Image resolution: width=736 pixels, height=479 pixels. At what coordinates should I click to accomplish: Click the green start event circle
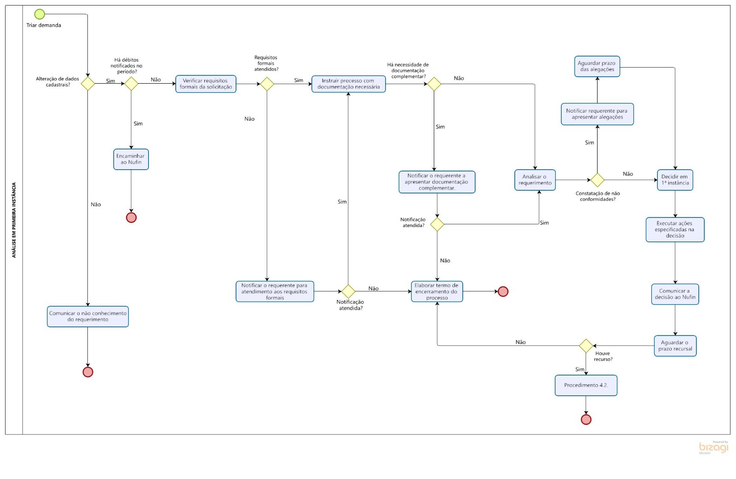tap(40, 14)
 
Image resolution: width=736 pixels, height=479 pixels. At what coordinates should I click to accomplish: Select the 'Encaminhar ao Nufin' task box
tap(131, 159)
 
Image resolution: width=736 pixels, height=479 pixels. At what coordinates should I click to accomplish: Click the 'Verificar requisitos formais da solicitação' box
tap(206, 84)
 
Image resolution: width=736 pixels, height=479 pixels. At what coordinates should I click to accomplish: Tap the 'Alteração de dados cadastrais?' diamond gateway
tap(87, 84)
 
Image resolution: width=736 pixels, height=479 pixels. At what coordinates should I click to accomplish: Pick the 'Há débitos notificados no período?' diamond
tap(131, 84)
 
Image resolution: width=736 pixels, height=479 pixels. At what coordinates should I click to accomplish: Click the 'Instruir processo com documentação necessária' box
tap(348, 84)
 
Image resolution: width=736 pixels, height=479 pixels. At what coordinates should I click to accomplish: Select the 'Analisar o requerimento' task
tap(535, 180)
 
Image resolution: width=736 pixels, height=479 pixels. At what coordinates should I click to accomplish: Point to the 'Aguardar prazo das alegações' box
tap(597, 66)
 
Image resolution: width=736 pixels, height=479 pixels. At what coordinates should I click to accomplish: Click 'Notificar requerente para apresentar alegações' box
tap(597, 114)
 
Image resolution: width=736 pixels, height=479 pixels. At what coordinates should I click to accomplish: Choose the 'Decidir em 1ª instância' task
tap(675, 180)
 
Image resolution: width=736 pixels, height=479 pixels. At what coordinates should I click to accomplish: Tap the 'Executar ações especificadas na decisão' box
tap(675, 229)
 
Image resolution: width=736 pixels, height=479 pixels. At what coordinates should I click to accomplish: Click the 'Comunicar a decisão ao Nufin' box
tap(675, 294)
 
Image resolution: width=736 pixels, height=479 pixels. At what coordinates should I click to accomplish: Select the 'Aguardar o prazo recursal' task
tap(675, 346)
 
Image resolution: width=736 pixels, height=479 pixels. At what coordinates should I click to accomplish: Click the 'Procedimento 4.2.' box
tap(586, 385)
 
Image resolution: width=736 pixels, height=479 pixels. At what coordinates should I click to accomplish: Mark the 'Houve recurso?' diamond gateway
tap(586, 346)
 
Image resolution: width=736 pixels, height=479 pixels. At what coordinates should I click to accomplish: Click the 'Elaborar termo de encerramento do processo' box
tap(437, 291)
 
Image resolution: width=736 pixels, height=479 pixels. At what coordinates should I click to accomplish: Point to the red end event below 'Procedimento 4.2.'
tap(586, 419)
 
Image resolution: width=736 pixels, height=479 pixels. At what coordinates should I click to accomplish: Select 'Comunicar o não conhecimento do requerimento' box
tap(88, 316)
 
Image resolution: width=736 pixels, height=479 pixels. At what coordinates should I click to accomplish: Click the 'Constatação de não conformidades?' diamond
tap(597, 180)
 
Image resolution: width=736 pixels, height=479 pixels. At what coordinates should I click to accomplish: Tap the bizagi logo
tap(713, 447)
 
